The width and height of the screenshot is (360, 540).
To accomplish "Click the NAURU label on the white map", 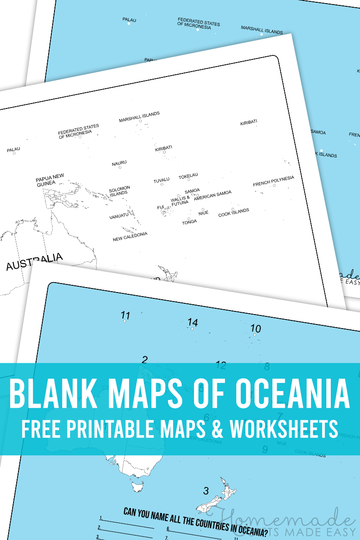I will [x=119, y=162].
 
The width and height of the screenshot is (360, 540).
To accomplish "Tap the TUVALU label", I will [x=162, y=180].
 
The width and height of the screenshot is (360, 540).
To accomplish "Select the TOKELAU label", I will [x=188, y=175].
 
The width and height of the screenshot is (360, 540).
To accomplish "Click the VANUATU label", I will [x=119, y=217].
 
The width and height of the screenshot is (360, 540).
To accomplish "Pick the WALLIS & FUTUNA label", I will [x=180, y=201].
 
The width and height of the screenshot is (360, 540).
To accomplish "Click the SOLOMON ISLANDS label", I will [x=119, y=190].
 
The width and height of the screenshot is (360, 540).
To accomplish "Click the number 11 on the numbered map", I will [x=126, y=315].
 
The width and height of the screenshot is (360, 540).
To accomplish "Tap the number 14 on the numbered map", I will [x=193, y=322].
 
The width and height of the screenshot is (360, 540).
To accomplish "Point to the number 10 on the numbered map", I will [x=256, y=328].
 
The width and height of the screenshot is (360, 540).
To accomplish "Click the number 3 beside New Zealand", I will [x=206, y=490].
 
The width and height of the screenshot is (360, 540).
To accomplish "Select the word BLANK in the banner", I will [x=49, y=392].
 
